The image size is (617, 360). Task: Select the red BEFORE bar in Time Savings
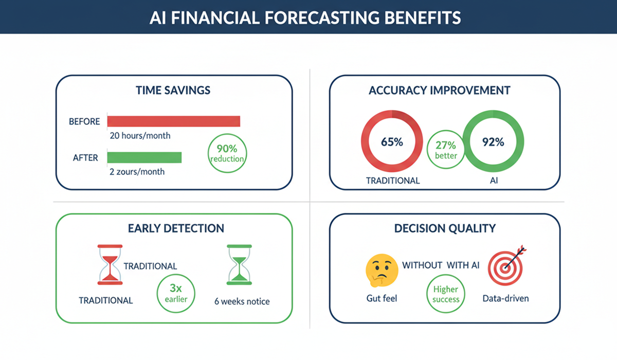coord(173,121)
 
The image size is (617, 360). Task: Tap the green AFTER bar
coord(144,157)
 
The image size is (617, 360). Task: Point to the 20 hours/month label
coord(140,136)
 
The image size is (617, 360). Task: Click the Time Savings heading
coord(173,90)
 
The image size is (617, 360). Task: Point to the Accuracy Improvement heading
coord(440,91)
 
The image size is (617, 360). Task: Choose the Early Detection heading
coord(173,228)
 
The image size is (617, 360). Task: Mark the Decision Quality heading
coord(444,228)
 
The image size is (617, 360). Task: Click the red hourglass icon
coord(110,264)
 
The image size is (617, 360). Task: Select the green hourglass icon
coord(239,264)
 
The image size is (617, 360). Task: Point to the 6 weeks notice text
coord(242,301)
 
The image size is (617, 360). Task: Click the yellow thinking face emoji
coord(381,271)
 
